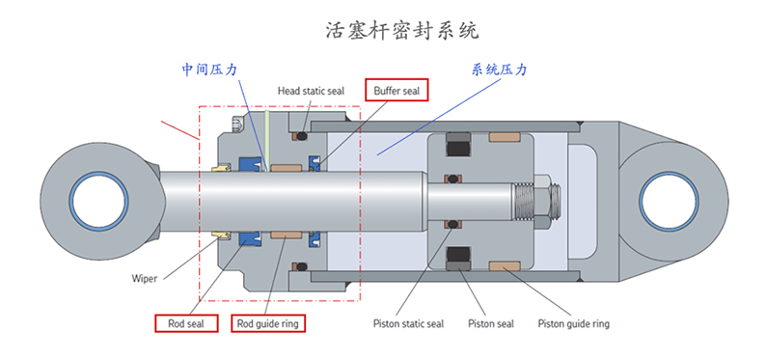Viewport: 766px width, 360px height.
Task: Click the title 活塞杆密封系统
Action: tap(402, 30)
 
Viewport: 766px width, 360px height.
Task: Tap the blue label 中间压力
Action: tap(209, 69)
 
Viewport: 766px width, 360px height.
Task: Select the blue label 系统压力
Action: tap(500, 69)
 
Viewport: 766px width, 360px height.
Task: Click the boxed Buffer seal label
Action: tap(397, 90)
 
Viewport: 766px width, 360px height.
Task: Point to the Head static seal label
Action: tap(312, 91)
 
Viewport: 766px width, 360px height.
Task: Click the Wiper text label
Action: tap(144, 279)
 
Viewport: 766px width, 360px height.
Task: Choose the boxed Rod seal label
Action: tap(186, 323)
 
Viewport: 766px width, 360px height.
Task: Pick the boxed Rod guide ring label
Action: tap(267, 323)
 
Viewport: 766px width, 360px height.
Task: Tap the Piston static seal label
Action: tap(408, 323)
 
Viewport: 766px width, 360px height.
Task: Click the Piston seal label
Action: tap(491, 323)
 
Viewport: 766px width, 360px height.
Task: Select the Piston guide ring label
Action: tap(573, 323)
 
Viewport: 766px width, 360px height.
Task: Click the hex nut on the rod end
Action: tap(543, 202)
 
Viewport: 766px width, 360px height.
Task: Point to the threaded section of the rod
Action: tap(523, 202)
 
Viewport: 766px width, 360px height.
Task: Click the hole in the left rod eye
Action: tap(98, 202)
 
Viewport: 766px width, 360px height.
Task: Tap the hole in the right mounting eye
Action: tap(669, 202)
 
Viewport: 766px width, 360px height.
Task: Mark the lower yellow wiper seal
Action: tap(221, 236)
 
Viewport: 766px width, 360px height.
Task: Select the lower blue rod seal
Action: tap(250, 237)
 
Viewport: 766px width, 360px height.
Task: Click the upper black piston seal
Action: tap(458, 144)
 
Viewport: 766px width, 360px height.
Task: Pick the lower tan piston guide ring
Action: tap(505, 265)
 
